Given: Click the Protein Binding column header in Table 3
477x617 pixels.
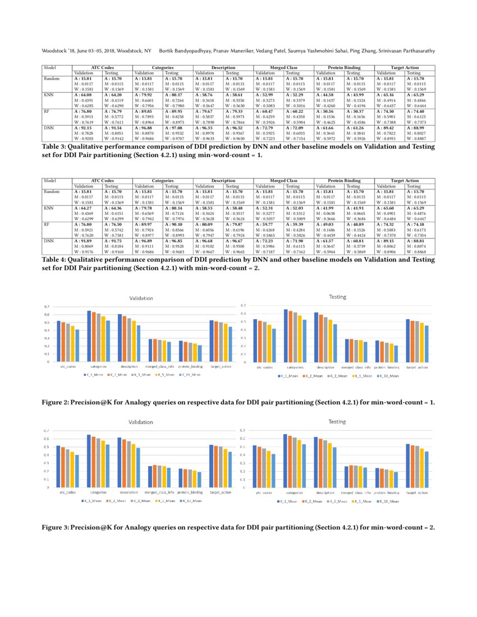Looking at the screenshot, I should pyautogui.click(x=344, y=68).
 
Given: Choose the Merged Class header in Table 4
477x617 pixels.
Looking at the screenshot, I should pyautogui.click(x=283, y=181).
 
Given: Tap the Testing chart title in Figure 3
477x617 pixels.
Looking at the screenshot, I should pyautogui.click(x=337, y=421).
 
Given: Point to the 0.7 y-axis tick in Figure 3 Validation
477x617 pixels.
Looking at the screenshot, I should pyautogui.click(x=47, y=430).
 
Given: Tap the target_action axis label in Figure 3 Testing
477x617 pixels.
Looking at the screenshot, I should pyautogui.click(x=416, y=492).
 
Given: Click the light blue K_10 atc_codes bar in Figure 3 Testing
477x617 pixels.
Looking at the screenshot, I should pyautogui.click(x=274, y=471).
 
